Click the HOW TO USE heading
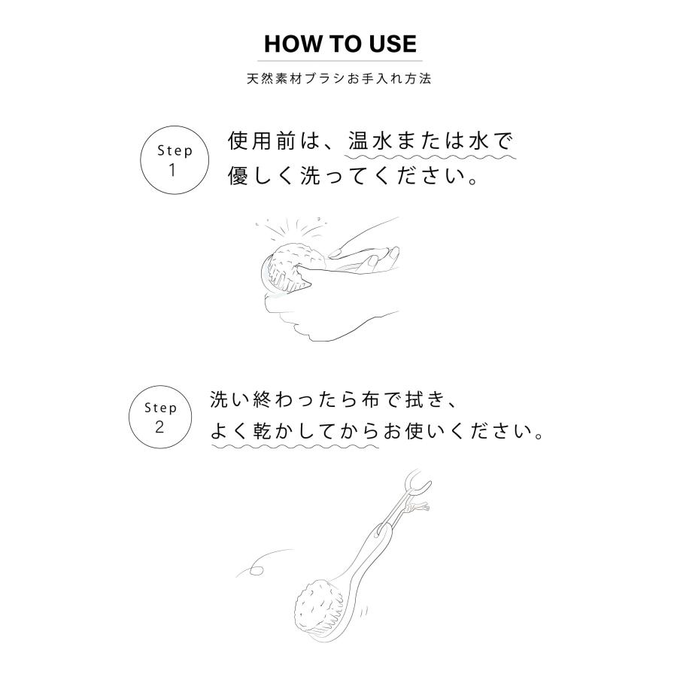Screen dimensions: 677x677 pyautogui.click(x=339, y=44)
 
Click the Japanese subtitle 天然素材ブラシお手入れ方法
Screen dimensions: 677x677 pyautogui.click(x=339, y=78)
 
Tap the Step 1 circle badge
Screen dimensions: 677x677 pyautogui.click(x=175, y=159)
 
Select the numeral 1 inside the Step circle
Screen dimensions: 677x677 pyautogui.click(x=173, y=170)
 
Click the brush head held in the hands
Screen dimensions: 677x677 pyautogui.click(x=290, y=263)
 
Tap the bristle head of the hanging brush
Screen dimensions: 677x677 pyautogui.click(x=322, y=606)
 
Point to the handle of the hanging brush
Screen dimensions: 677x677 pyautogui.click(x=372, y=549)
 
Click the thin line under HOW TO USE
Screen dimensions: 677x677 pyautogui.click(x=339, y=61)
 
